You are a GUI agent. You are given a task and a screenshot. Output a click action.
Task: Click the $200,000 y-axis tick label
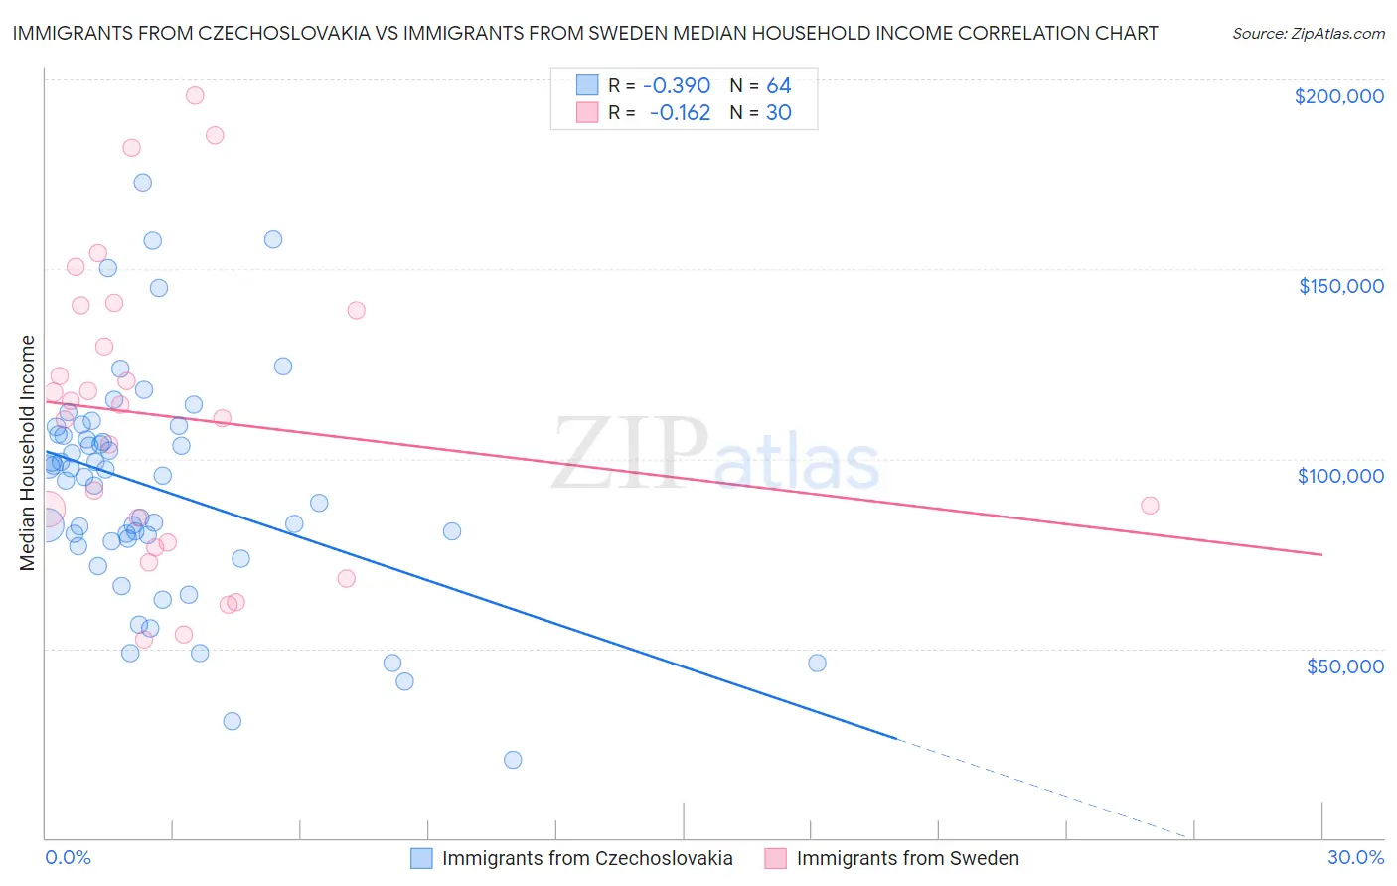pyautogui.click(x=1338, y=96)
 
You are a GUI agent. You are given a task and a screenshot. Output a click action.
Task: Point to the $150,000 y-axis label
pyautogui.click(x=1340, y=286)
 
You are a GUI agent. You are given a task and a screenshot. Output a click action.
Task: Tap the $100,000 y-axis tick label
pyautogui.click(x=1340, y=476)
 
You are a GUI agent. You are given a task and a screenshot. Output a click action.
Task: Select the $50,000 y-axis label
pyautogui.click(x=1344, y=665)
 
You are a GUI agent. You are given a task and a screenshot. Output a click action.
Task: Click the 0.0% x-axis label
pyautogui.click(x=68, y=857)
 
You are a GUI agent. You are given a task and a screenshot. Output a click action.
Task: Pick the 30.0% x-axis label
pyautogui.click(x=1355, y=857)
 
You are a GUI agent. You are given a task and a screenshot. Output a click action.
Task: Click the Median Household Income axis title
pyautogui.click(x=27, y=453)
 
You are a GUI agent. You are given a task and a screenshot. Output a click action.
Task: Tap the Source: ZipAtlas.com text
pyautogui.click(x=1308, y=33)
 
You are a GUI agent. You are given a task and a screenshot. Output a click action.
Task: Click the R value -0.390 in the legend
pyautogui.click(x=677, y=86)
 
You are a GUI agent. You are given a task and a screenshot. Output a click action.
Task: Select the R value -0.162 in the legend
pyautogui.click(x=680, y=113)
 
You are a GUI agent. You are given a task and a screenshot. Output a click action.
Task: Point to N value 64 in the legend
pyautogui.click(x=778, y=86)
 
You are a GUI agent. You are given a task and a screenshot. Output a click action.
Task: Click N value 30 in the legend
pyautogui.click(x=778, y=113)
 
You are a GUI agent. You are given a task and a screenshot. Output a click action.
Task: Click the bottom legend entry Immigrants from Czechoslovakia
pyautogui.click(x=586, y=858)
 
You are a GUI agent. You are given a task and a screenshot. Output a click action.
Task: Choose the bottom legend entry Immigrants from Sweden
pyautogui.click(x=907, y=858)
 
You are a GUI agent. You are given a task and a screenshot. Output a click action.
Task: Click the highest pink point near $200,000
pyautogui.click(x=195, y=95)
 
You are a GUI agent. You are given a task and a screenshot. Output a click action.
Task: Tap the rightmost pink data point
pyautogui.click(x=1150, y=505)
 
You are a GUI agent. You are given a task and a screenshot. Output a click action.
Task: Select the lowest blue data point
pyautogui.click(x=513, y=760)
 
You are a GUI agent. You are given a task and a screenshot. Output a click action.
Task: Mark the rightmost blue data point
pyautogui.click(x=817, y=663)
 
